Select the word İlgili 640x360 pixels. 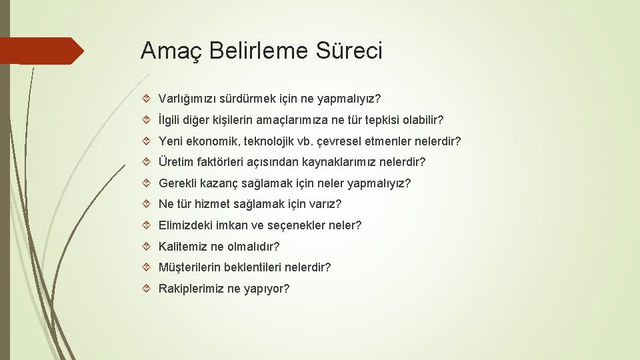(x=171, y=121)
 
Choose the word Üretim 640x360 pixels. (x=175, y=163)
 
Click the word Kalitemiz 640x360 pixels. (x=183, y=247)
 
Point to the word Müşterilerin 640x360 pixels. (x=191, y=267)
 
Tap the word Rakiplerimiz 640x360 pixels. (x=191, y=289)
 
